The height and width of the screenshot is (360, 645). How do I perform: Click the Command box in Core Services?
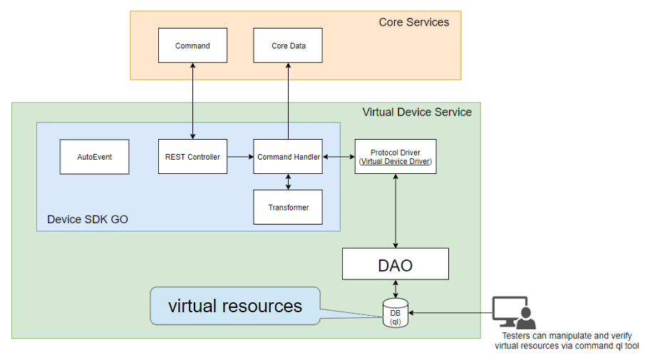[x=192, y=46]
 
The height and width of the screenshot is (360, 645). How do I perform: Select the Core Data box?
[x=288, y=46]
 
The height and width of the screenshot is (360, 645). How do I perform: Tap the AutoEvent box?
[x=95, y=157]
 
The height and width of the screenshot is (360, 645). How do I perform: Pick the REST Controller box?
[x=192, y=157]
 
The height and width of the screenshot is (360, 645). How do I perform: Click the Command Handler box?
[x=288, y=157]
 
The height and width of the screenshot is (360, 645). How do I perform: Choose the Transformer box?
[x=288, y=207]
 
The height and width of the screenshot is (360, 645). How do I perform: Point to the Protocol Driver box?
[x=396, y=157]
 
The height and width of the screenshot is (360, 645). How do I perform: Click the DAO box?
[x=396, y=264]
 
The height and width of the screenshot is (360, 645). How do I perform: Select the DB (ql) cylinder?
[x=396, y=313]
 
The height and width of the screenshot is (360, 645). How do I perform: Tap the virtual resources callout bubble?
[x=234, y=306]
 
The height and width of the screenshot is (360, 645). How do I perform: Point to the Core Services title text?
[x=413, y=22]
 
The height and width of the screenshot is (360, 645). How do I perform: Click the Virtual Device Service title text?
[x=417, y=112]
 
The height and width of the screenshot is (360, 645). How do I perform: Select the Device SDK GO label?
[x=88, y=219]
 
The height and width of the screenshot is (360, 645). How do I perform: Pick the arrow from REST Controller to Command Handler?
[x=240, y=157]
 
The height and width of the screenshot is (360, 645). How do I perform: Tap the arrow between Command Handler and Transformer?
[x=288, y=182]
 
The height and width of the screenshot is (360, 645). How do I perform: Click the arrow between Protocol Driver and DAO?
[x=396, y=211]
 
